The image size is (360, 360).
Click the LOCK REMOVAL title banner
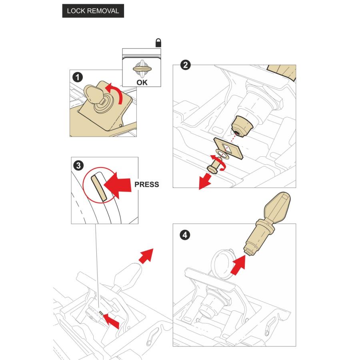pyautogui.click(x=93, y=11)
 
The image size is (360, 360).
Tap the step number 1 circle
pyautogui.click(x=78, y=77)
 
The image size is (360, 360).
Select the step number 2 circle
pyautogui.click(x=185, y=65)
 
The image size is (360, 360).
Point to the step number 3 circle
pyautogui.click(x=78, y=165)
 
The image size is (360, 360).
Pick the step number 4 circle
pyautogui.click(x=185, y=235)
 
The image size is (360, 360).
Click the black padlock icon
pyautogui.click(x=158, y=43)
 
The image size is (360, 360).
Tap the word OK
pyautogui.click(x=142, y=82)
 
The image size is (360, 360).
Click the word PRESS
pyautogui.click(x=147, y=184)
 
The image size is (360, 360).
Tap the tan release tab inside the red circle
pyautogui.click(x=99, y=188)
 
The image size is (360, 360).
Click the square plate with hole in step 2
pyautogui.click(x=228, y=148)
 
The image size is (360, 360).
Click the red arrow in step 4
pyautogui.click(x=238, y=265)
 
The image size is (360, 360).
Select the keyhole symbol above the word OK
pyautogui.click(x=142, y=69)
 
